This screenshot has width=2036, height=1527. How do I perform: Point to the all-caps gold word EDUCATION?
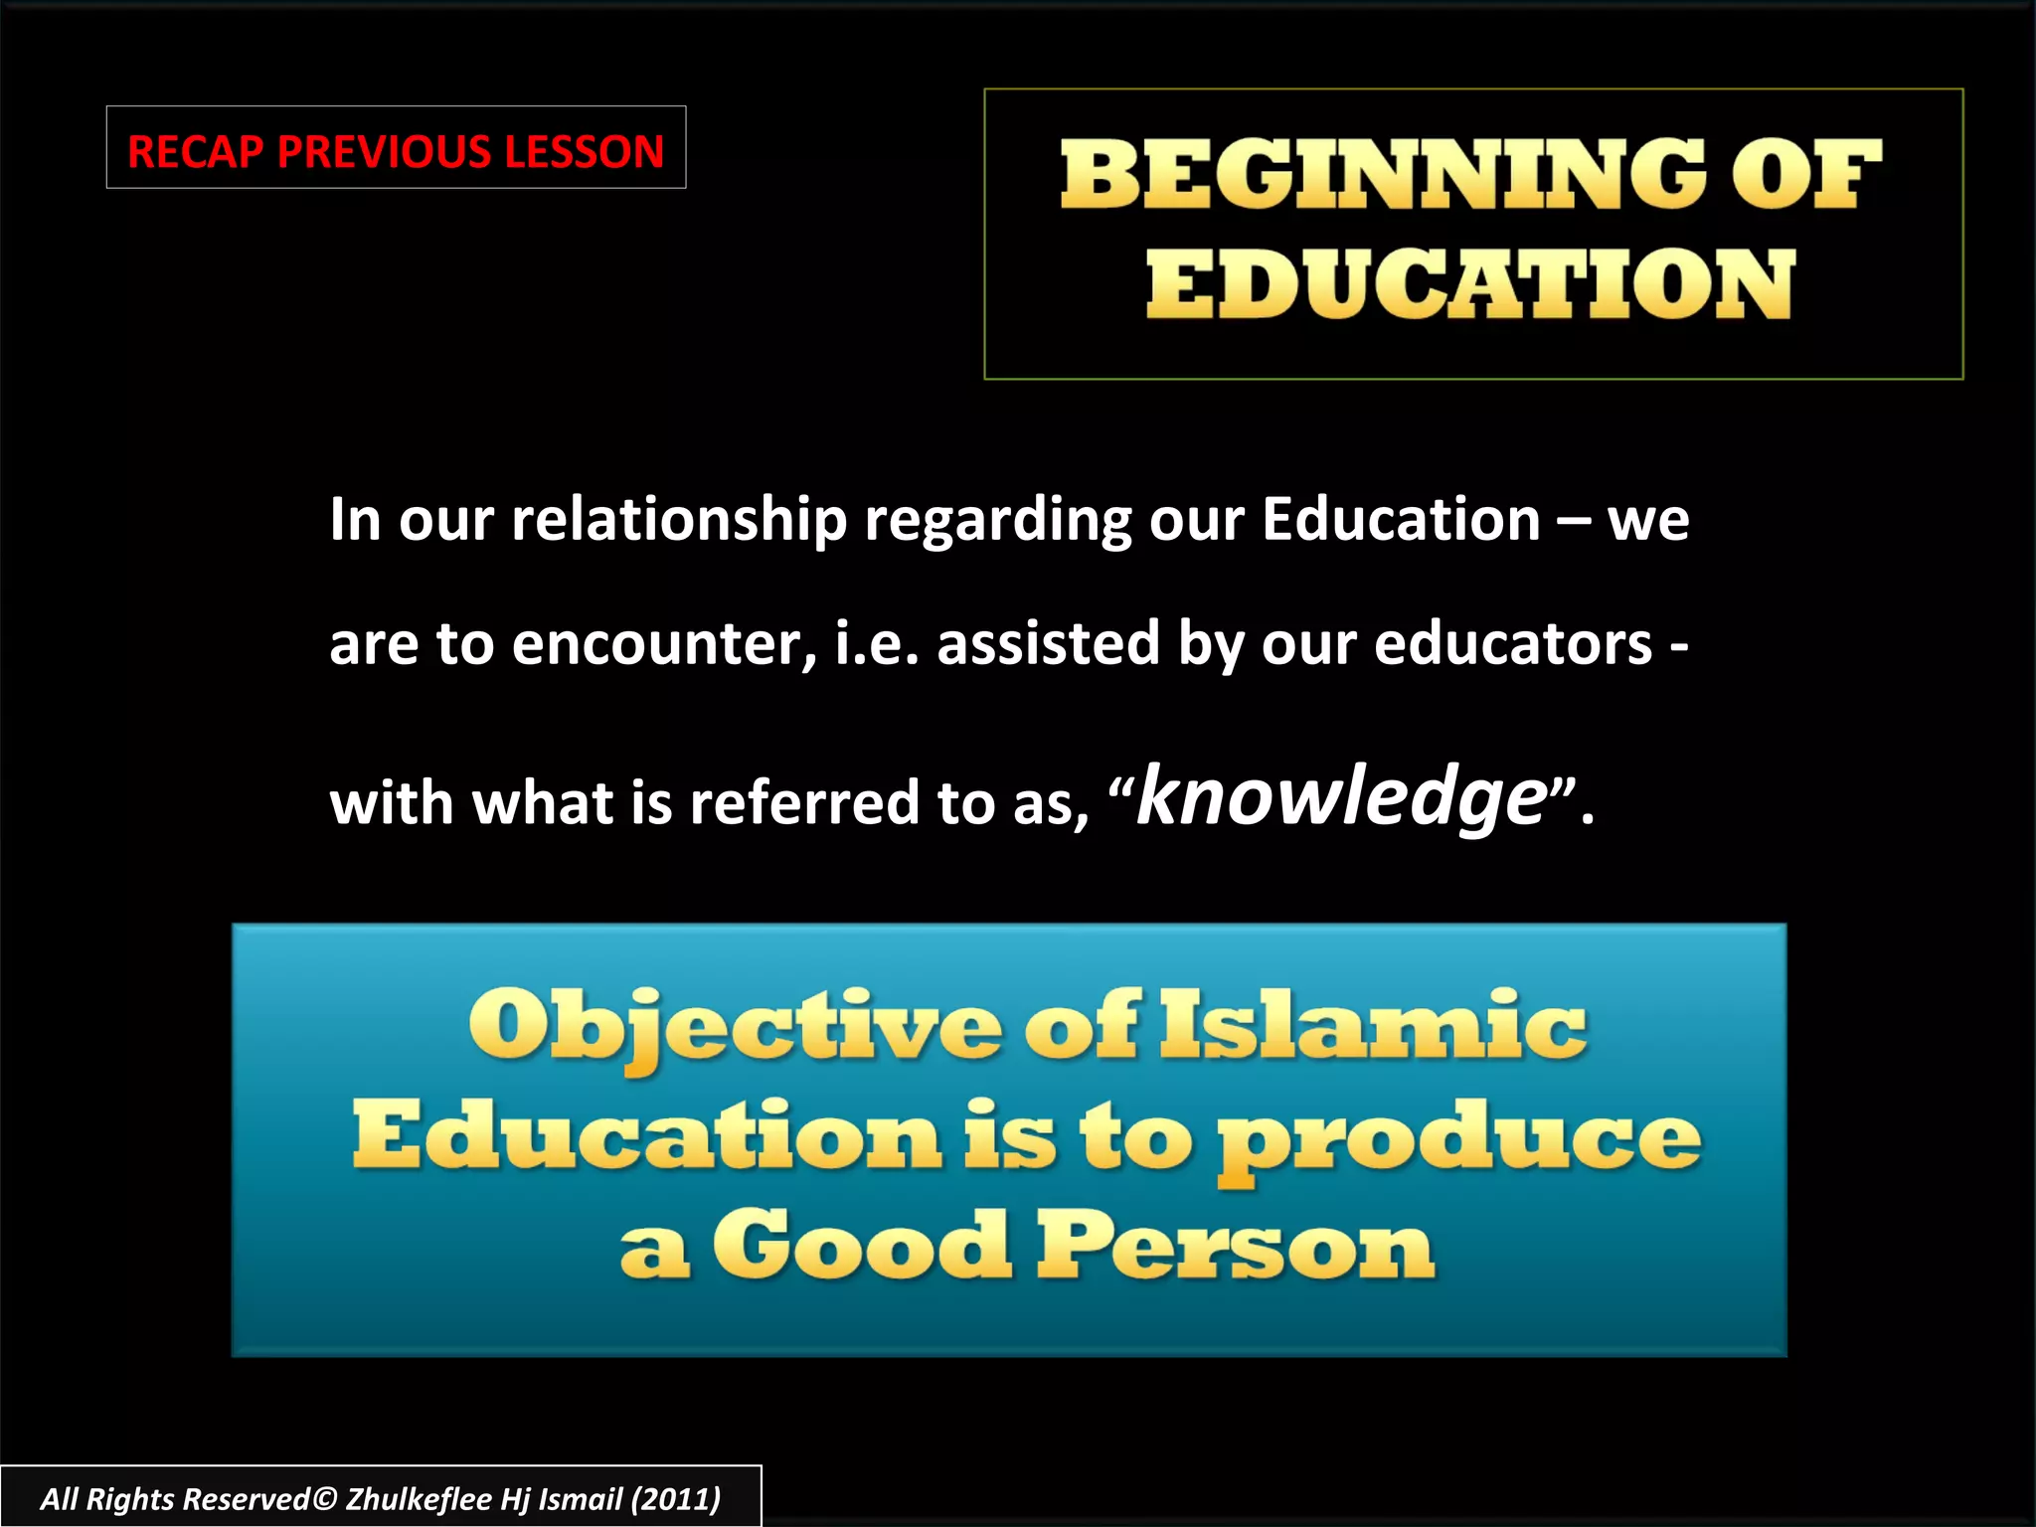pos(1470,284)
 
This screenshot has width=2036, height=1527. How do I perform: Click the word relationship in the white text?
pos(678,520)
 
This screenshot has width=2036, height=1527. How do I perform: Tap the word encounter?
pos(663,643)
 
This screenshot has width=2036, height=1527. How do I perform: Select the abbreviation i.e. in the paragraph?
pos(877,643)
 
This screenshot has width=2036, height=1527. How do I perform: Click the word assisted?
pos(1048,643)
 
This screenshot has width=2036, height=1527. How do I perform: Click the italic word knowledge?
pos(1341,797)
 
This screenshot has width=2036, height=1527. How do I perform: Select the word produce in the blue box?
pos(1459,1140)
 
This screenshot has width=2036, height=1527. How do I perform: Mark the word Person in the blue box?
pos(1235,1247)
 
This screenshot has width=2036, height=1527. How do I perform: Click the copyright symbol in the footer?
pos(324,1499)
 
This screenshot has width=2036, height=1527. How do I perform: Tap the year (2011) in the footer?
pos(676,1499)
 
